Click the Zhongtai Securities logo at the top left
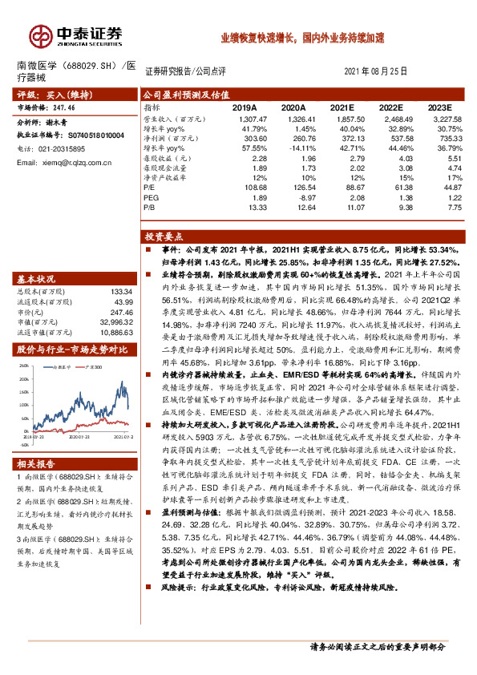coord(76,34)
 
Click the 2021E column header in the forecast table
coord(342,107)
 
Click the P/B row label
coord(150,207)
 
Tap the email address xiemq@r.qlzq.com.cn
coord(61,163)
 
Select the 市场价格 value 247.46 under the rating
coord(60,107)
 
